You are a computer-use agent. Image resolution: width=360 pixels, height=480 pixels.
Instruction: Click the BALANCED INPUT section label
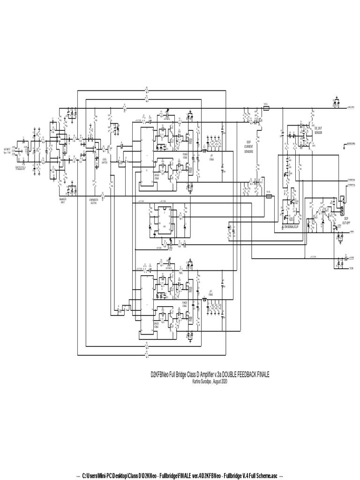[x=62, y=200]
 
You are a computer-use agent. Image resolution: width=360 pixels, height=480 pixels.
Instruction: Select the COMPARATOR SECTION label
[x=93, y=200]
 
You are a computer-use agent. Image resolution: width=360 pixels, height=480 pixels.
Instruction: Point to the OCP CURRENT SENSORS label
[x=249, y=147]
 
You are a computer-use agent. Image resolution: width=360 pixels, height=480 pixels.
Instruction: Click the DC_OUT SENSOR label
[x=318, y=130]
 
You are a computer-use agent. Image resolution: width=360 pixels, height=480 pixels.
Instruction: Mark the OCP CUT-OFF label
[x=346, y=220]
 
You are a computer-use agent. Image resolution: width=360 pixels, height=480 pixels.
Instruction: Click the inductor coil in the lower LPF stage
[x=205, y=298]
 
